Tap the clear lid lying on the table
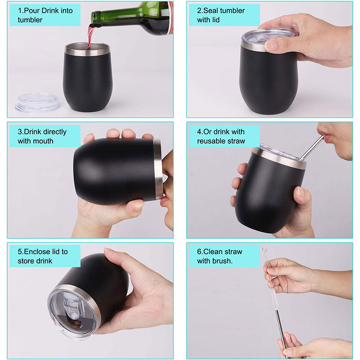click(x=34, y=103)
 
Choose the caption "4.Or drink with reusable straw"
click(x=221, y=136)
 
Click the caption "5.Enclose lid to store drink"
click(x=42, y=256)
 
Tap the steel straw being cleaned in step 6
click(x=281, y=333)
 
